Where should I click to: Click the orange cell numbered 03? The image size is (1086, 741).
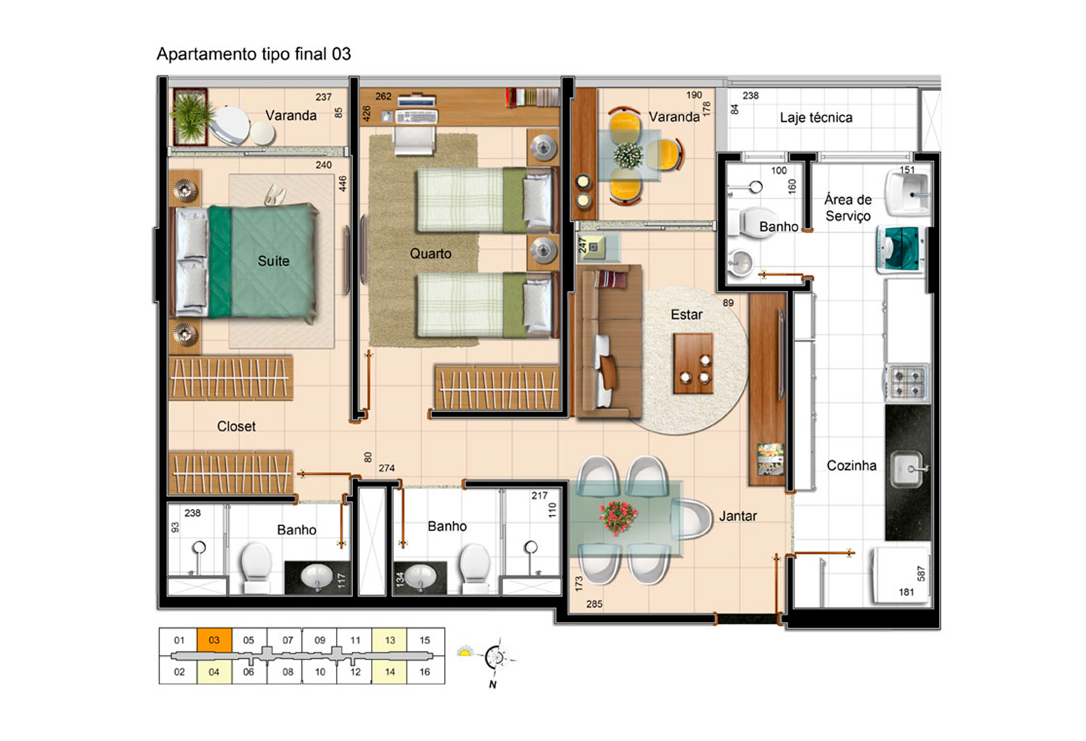click(214, 640)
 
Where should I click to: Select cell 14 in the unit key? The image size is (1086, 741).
click(389, 672)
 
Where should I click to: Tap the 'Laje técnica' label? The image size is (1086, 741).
click(816, 118)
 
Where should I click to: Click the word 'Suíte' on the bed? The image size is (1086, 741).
click(274, 261)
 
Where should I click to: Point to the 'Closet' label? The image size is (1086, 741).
click(236, 426)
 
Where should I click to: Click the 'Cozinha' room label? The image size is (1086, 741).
click(851, 466)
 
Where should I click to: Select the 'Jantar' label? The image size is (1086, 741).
click(738, 516)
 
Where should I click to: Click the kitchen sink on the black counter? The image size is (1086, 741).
click(907, 469)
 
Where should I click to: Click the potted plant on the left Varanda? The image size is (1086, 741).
click(191, 117)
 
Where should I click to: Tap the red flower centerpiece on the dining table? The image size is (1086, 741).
click(618, 517)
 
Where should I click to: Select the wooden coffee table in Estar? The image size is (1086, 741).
click(693, 363)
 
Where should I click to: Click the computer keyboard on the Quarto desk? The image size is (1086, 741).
click(416, 117)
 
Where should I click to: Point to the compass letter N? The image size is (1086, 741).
click(493, 685)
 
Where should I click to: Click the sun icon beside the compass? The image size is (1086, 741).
click(465, 652)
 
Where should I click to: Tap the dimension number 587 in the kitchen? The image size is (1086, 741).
click(921, 573)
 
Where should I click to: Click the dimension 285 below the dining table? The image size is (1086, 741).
click(595, 604)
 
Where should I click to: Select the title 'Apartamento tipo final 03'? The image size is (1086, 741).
click(254, 54)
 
